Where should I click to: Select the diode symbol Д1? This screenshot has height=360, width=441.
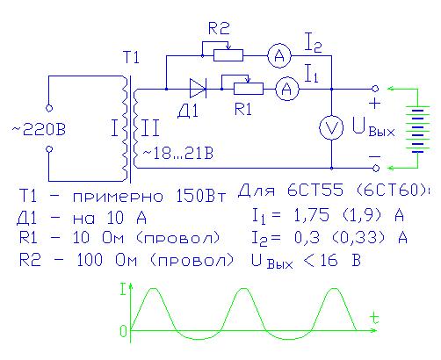(x=198, y=89)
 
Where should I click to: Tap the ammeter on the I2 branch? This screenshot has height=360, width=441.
(x=279, y=55)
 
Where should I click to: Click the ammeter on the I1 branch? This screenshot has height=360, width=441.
(x=287, y=89)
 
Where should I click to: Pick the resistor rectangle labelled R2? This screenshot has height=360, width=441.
(x=228, y=55)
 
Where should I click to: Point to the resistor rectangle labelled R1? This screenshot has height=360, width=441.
(x=249, y=89)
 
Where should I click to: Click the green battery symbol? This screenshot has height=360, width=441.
(x=418, y=129)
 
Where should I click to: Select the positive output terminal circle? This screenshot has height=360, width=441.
(x=375, y=89)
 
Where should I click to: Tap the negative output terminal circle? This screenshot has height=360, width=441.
(x=376, y=168)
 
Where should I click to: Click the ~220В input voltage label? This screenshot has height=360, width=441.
(x=39, y=129)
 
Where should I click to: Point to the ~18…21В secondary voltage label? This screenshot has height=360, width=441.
(x=178, y=154)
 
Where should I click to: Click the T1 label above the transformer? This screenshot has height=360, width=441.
(x=131, y=57)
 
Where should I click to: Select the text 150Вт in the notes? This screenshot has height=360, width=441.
(x=201, y=196)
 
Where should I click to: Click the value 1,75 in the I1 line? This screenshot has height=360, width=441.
(x=312, y=215)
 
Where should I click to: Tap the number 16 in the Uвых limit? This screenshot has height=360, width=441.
(x=329, y=260)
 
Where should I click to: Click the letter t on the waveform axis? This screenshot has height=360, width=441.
(x=373, y=318)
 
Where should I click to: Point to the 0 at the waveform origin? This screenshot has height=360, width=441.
(x=123, y=331)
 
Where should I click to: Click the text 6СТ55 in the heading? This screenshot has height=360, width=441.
(x=315, y=191)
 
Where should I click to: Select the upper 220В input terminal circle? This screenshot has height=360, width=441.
(x=49, y=108)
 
